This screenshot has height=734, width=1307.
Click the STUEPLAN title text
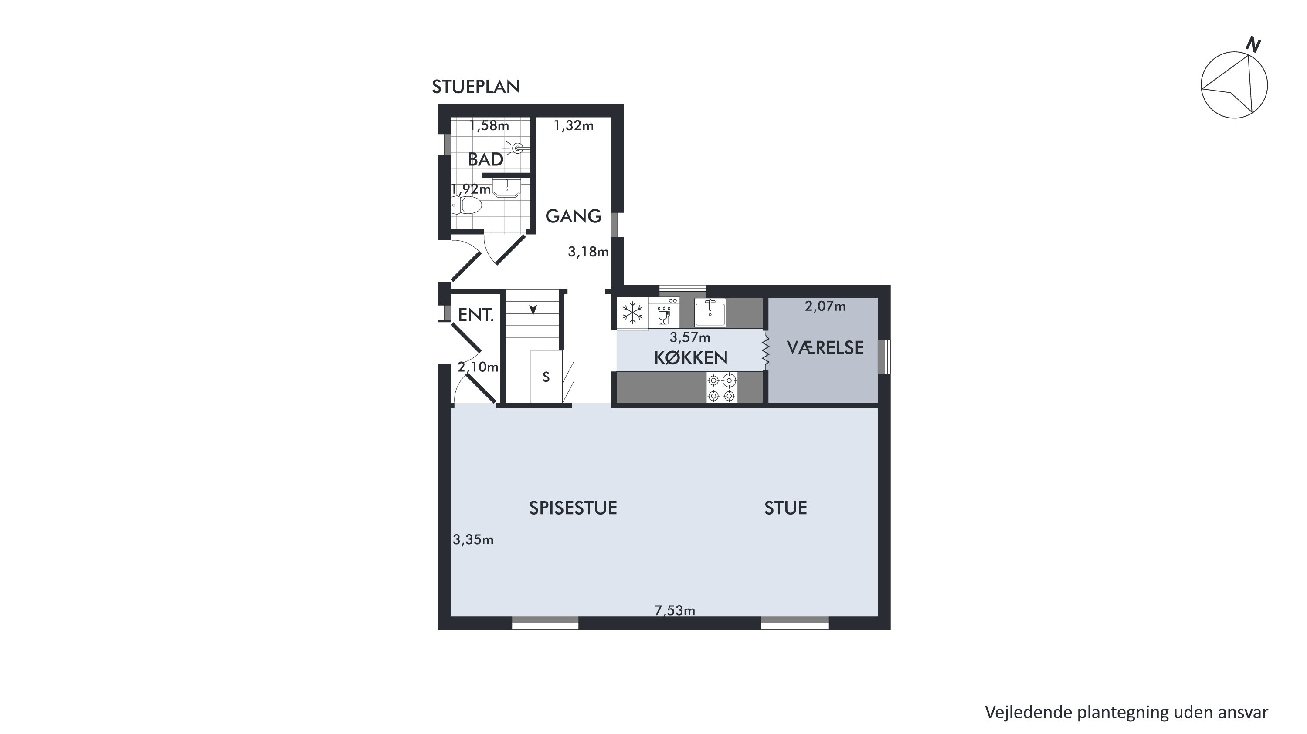[x=476, y=87]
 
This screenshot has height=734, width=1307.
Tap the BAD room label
[x=485, y=160]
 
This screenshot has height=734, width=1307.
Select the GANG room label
[x=574, y=216]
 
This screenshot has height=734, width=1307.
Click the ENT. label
[x=476, y=315]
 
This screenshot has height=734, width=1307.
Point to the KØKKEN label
[x=690, y=358]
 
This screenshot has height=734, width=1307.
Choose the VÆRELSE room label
[x=825, y=348]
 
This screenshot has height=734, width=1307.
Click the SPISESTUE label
[x=573, y=508]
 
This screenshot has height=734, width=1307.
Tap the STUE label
[x=785, y=508]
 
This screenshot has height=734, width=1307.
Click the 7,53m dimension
[x=675, y=611]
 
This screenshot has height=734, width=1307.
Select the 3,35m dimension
[x=473, y=540]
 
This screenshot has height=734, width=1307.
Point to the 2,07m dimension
[x=825, y=306]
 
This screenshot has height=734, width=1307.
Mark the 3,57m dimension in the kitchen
[x=690, y=337]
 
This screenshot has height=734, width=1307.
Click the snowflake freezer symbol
[x=632, y=313]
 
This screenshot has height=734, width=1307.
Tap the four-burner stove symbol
[x=722, y=388]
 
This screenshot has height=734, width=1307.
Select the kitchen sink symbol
[x=710, y=312]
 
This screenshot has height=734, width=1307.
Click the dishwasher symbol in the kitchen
[x=664, y=312]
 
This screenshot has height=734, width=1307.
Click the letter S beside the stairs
[x=546, y=377]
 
